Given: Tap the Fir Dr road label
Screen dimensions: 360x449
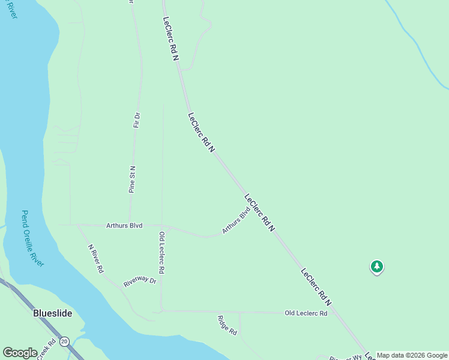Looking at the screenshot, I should (x=137, y=120).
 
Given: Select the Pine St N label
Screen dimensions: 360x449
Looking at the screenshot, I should (x=132, y=179).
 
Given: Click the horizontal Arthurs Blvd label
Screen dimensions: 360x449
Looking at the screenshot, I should (x=124, y=226).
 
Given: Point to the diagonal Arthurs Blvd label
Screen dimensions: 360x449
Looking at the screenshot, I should (x=235, y=220).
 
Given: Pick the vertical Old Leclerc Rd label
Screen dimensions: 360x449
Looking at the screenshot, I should (x=161, y=253).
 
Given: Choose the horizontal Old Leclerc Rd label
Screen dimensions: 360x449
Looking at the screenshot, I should (x=306, y=313).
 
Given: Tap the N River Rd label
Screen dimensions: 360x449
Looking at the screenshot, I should (x=96, y=259).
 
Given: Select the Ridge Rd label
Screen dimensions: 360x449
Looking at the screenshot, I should (x=228, y=325).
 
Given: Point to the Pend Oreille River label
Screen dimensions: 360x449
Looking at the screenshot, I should (x=33, y=238).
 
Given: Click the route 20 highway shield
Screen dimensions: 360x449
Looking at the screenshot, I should (x=65, y=341).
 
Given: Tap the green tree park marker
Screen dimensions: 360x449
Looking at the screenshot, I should (x=376, y=266).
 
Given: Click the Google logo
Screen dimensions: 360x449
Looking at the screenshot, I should (x=20, y=353).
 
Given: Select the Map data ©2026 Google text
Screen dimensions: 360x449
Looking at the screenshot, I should (x=412, y=355).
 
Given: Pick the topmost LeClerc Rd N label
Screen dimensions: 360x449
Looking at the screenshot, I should (x=171, y=37).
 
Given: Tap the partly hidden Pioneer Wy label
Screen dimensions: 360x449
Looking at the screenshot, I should (x=346, y=357).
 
